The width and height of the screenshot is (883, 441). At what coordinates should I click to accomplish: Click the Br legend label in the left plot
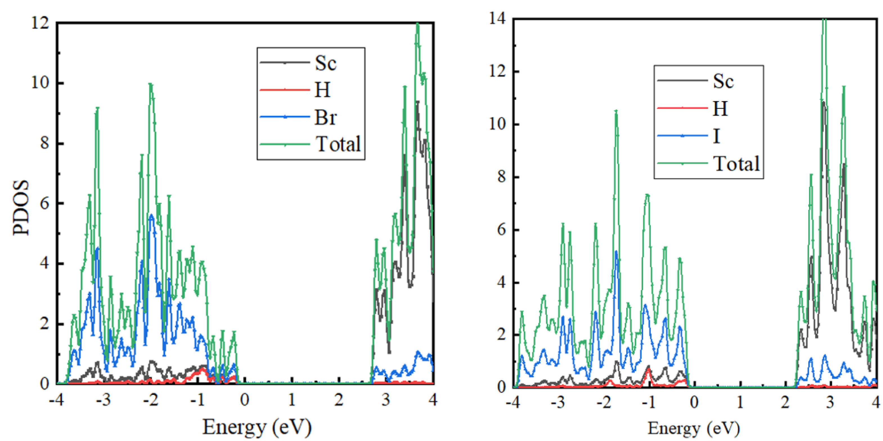click(x=325, y=118)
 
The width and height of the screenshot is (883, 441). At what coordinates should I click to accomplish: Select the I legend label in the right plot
click(x=716, y=136)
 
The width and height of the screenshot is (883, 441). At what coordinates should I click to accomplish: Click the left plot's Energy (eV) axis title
click(x=257, y=427)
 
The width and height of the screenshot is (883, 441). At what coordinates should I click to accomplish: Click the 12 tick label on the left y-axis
click(x=40, y=23)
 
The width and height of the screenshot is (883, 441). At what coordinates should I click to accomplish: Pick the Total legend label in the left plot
click(x=338, y=144)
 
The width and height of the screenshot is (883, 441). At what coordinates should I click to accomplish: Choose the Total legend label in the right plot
click(x=736, y=164)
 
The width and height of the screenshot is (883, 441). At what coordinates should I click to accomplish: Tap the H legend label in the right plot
click(x=720, y=109)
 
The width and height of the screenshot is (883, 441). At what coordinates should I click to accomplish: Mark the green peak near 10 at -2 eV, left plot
click(x=150, y=84)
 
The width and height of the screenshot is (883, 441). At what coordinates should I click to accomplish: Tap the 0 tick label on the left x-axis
click(x=244, y=400)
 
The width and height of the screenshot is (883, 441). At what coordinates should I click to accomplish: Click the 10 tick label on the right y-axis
click(x=497, y=124)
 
